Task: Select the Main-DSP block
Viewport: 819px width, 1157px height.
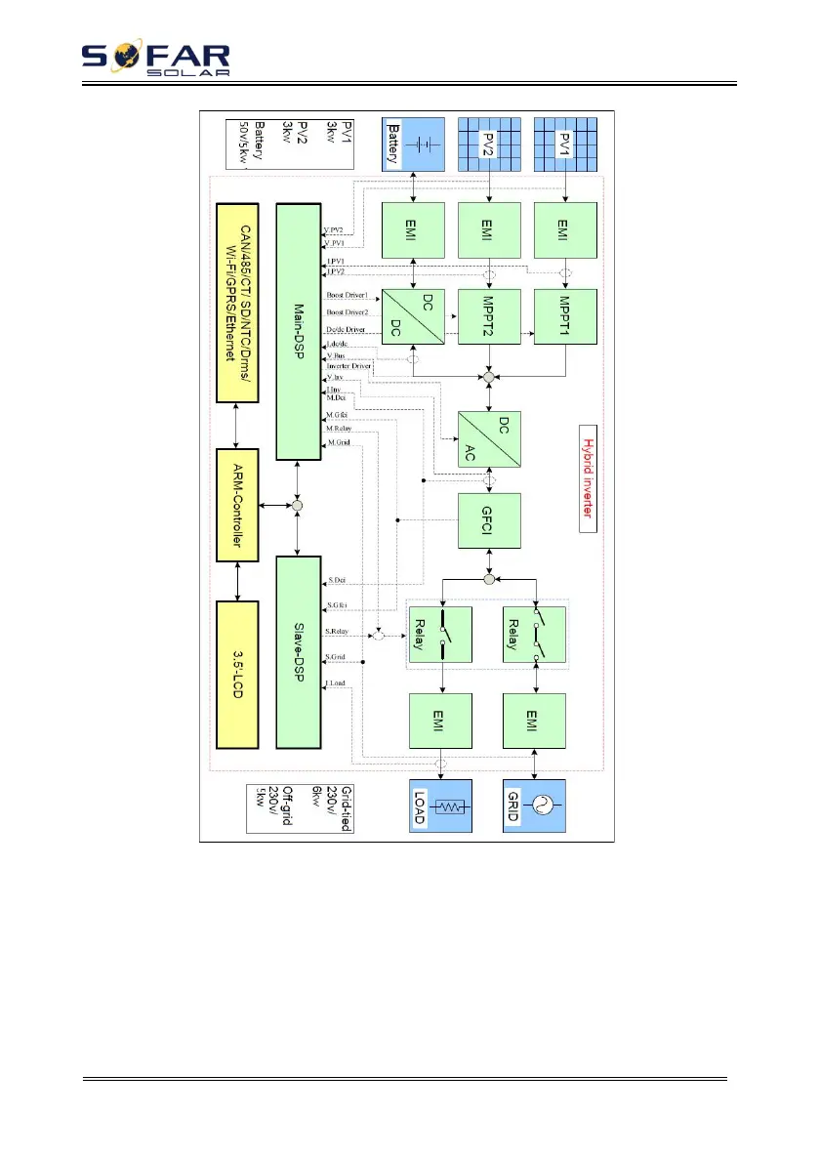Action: [x=299, y=331]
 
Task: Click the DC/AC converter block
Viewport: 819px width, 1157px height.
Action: [x=490, y=429]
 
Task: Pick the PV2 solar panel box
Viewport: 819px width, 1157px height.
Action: [x=490, y=145]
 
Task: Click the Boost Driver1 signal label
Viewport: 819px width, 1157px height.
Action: [x=347, y=296]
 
